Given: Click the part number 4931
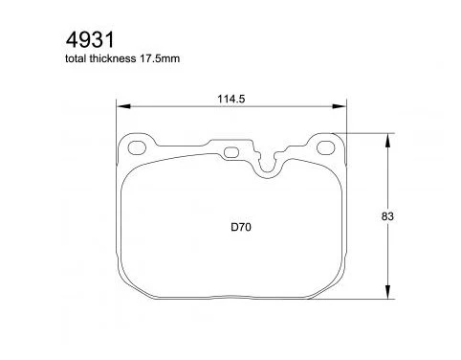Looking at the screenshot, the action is pos(90,40).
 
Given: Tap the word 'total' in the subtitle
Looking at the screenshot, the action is pos(76,58).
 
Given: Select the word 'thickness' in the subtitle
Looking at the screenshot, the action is pos(112,58).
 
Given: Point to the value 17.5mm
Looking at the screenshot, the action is pos(159,58).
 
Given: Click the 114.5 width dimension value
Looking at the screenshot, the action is pos(231,99).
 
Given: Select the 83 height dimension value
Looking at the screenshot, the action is pos(387,216).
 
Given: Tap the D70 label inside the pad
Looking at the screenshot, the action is pos(241,227).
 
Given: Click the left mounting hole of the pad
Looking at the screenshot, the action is pos(137,147).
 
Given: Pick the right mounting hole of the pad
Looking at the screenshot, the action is pos(325,147).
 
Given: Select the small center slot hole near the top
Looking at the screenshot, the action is pos(231,152).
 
